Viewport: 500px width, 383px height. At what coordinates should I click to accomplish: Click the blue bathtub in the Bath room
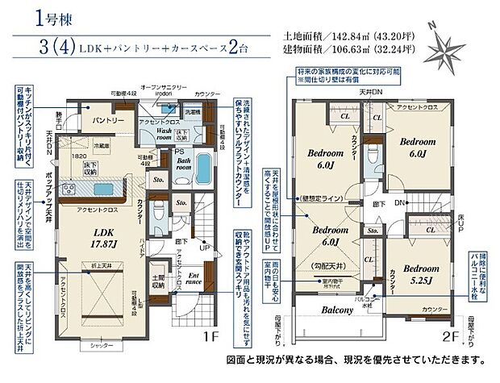(205, 171)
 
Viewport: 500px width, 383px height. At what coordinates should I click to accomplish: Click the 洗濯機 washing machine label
(194, 112)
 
